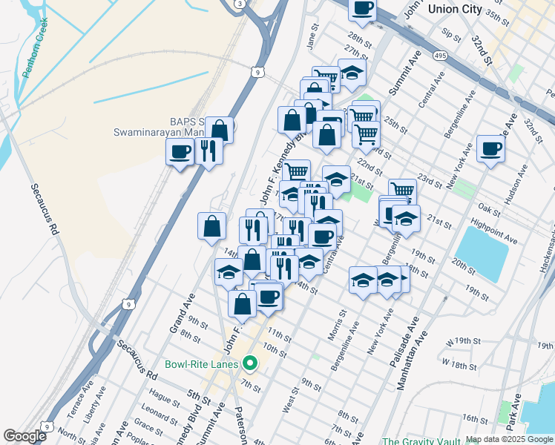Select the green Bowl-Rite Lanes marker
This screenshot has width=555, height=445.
(250, 363)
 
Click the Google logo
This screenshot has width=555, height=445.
(24, 436)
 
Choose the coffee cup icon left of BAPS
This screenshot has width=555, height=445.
(181, 153)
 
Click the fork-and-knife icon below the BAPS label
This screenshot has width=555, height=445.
(209, 151)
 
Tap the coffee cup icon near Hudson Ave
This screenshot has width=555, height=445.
(490, 148)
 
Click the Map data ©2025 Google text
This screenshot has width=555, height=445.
(509, 439)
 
